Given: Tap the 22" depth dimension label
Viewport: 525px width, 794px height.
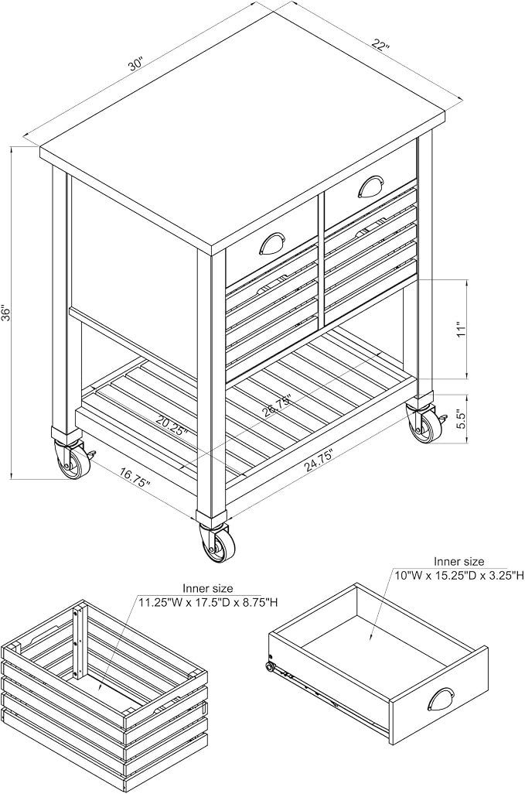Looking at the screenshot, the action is click(x=378, y=43).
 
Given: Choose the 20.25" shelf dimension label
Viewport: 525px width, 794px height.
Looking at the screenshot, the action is click(x=172, y=424).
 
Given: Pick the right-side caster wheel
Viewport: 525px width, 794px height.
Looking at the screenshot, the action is click(x=423, y=424).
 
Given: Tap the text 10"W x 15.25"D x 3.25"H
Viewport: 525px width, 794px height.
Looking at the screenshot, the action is click(x=459, y=575).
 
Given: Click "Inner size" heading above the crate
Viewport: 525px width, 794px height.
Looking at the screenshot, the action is click(x=208, y=588).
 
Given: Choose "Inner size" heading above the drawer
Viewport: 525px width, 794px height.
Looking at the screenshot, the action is click(x=459, y=561).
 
